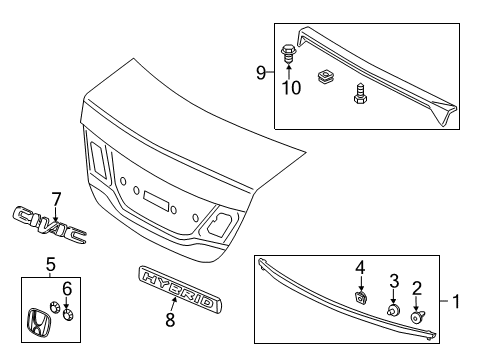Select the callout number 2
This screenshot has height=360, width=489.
[417, 287]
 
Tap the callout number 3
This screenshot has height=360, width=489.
[394, 280]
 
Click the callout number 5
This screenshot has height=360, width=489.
[49, 265]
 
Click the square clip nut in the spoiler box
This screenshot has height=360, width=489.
[325, 76]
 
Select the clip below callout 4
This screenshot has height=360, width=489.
[361, 296]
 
